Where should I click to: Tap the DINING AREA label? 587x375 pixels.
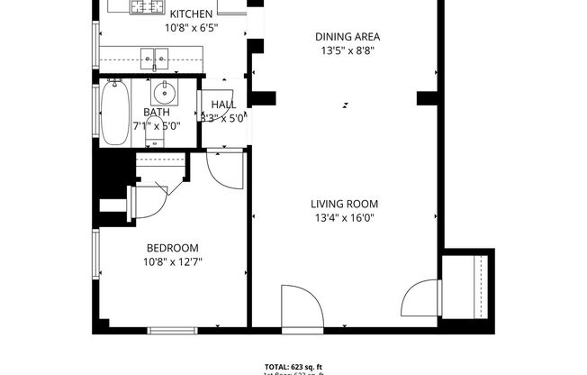(348, 37)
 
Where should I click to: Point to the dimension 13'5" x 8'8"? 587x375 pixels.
(348, 50)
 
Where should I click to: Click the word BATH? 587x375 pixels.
(156, 113)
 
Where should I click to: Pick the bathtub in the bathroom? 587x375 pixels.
(113, 114)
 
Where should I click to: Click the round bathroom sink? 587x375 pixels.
(164, 93)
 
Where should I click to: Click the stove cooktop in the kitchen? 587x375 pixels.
(145, 7)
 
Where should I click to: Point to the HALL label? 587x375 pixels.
(223, 105)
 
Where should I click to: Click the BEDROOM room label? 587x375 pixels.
(172, 248)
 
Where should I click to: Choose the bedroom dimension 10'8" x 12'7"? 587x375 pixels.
(172, 262)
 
